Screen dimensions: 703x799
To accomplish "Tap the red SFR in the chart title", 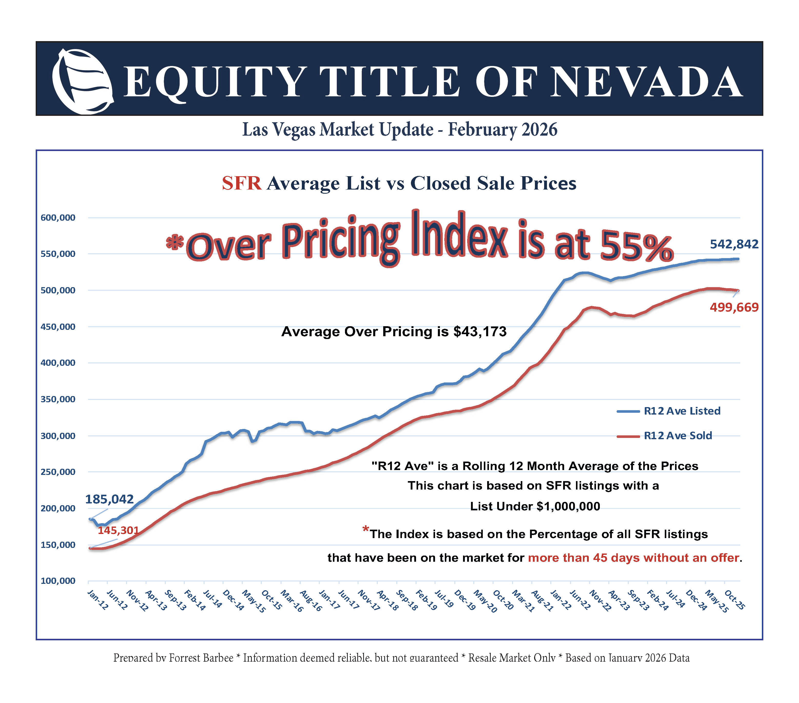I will point(242,183).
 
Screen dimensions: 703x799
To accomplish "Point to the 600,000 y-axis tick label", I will point(58,218).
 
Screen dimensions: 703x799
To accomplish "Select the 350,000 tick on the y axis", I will point(58,399).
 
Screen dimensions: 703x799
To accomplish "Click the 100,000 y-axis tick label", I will point(58,581).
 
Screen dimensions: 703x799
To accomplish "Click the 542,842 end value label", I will point(734,244).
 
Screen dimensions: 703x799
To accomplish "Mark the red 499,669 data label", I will point(734,307).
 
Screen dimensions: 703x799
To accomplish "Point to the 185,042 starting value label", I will point(109,499).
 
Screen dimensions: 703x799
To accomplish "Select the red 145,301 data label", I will point(118,530).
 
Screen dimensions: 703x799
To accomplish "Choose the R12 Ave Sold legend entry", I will point(678,435).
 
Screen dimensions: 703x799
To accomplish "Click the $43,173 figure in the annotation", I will point(480,332).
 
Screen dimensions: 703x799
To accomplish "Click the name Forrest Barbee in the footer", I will point(201,658).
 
